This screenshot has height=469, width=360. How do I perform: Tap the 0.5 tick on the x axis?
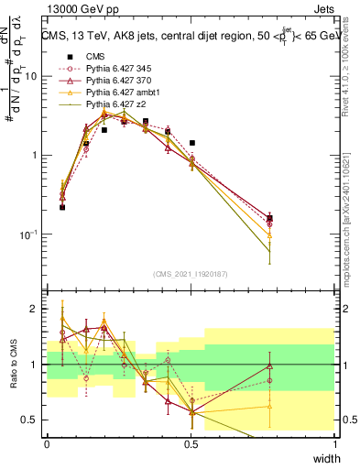point(191,443)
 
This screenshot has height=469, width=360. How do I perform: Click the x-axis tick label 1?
point(335,443)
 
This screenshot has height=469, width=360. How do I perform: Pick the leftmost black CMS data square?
point(62,207)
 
